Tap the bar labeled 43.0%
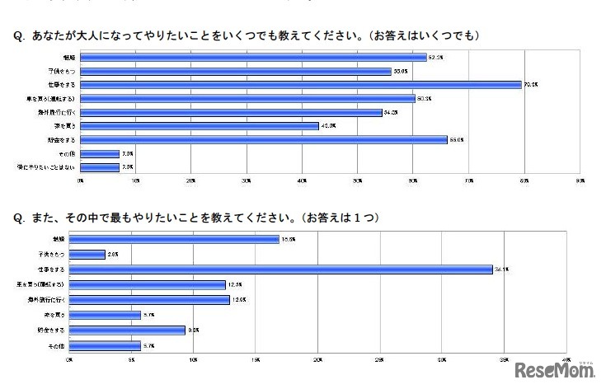199,125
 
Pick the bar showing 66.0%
263,139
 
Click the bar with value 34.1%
281,269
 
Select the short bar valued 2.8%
87,254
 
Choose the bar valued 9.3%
127,330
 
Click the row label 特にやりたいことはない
52,167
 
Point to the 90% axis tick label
580,180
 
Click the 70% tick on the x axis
469,180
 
